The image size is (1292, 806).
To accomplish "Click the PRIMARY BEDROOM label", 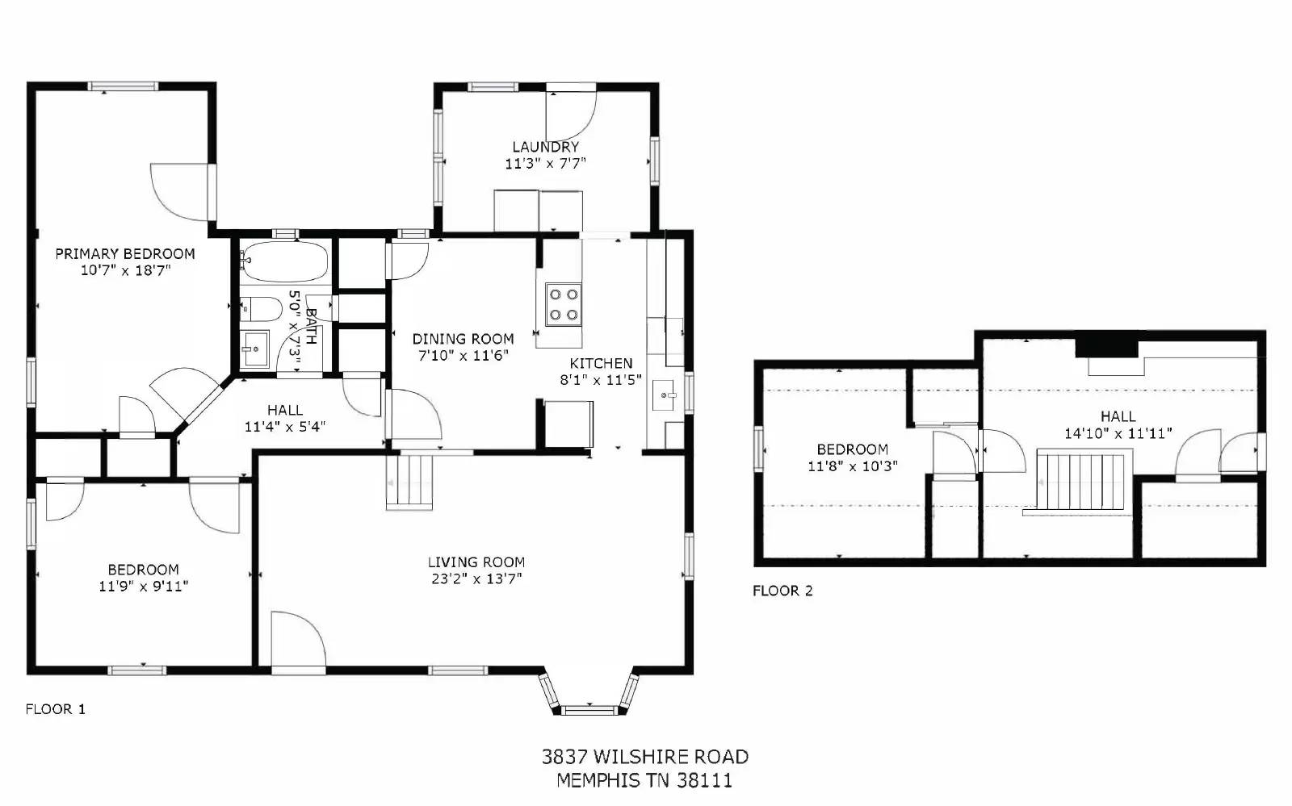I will point(125,253).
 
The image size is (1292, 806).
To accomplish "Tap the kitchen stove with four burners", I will point(563,304).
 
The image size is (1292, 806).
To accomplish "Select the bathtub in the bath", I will point(284,261).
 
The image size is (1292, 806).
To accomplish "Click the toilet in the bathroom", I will point(262,307).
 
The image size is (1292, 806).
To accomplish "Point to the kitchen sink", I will point(667,395).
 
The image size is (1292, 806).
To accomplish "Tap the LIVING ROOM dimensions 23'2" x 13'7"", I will point(476,578).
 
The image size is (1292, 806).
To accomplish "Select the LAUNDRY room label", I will point(545,147).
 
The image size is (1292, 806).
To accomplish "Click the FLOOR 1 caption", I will point(55,709).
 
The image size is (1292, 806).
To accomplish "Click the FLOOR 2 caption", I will point(782,591).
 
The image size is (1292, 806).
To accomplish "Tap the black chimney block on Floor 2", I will point(1106,348).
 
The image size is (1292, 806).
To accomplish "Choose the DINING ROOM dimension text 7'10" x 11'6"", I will point(463,355).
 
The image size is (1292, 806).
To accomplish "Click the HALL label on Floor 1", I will point(285,410).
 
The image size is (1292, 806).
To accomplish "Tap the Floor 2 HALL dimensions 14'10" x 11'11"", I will point(1118,433).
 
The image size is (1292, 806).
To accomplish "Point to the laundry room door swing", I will point(569,115).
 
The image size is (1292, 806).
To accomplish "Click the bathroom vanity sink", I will point(255,349).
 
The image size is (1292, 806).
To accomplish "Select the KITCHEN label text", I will point(601,363).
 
